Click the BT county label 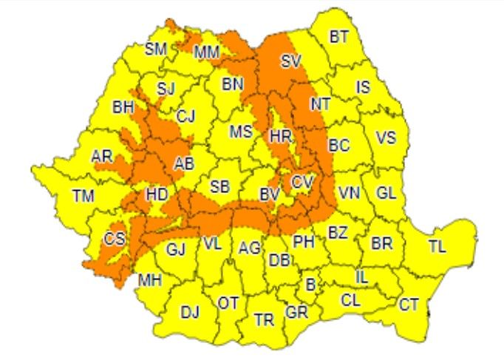pos(338,37)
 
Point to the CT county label pos(409,304)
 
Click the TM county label pos(84,196)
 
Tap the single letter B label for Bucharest pos(310,284)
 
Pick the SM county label pos(156,50)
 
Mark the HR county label pos(281,136)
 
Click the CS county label pos(115,238)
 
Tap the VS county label pos(386,137)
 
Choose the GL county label pos(386,192)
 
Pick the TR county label pos(264,320)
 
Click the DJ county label pos(190,313)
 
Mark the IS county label pos(363,87)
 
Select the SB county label pos(219,186)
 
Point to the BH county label pos(123,107)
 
